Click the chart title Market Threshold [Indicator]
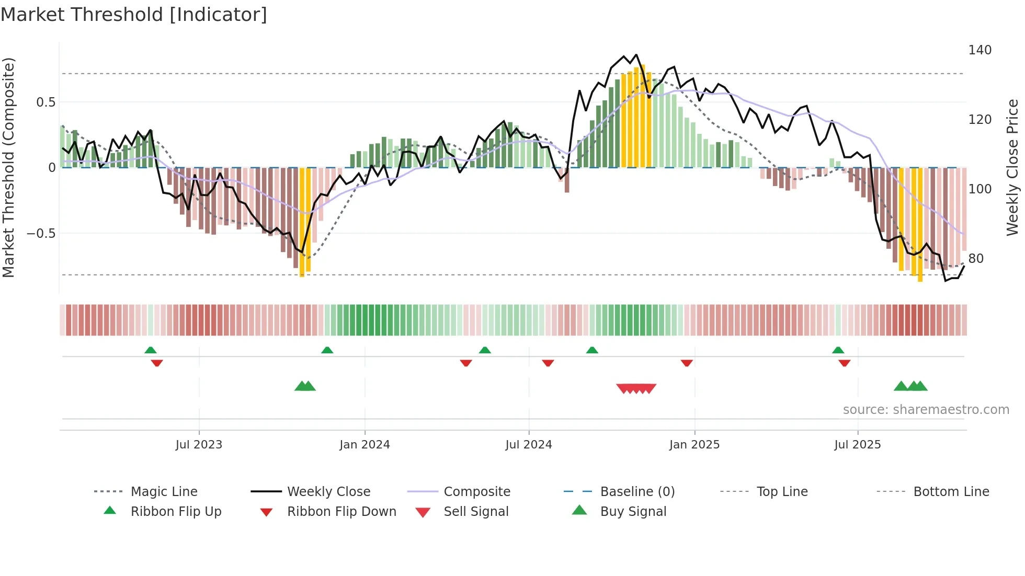tap(134, 15)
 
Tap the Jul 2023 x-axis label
tap(199, 445)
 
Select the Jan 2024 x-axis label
tap(365, 445)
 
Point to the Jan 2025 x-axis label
tap(694, 445)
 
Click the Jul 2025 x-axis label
tap(858, 445)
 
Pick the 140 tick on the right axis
tap(980, 50)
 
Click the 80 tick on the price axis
tap(976, 259)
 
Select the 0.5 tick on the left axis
tap(45, 102)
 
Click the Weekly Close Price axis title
tap(1012, 167)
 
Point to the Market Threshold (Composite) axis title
tap(8, 167)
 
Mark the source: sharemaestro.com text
tap(926, 410)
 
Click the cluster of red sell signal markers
tap(636, 388)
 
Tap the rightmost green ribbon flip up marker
tap(838, 350)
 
